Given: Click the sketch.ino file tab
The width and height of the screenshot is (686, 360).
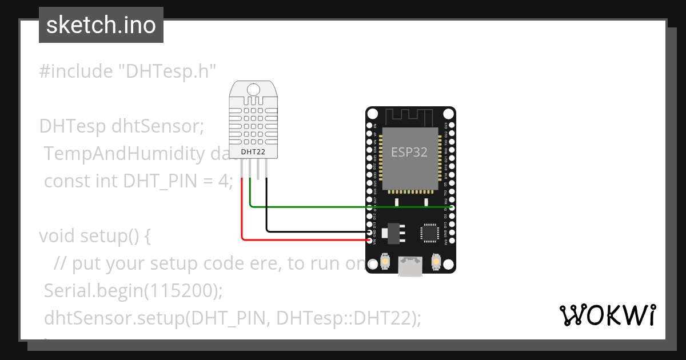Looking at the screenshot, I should (x=101, y=25).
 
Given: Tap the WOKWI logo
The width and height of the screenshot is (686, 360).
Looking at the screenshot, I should (x=607, y=315).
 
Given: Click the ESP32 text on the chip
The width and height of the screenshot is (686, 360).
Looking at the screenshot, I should (x=409, y=152).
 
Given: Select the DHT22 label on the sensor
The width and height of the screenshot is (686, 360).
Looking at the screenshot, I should (x=253, y=151).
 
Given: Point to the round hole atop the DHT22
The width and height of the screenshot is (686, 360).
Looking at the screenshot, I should (x=253, y=89).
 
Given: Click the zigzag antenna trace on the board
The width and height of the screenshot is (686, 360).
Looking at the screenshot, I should (x=410, y=117).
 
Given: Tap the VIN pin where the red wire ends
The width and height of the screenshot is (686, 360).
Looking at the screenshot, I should (x=370, y=240).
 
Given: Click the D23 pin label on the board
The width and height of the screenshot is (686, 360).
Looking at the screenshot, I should (x=446, y=125).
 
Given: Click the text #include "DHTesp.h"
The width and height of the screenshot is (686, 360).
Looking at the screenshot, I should (x=127, y=71).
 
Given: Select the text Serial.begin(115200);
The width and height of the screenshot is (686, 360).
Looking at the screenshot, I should (x=133, y=291).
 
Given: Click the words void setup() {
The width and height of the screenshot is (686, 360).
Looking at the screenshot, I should (x=94, y=236).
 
